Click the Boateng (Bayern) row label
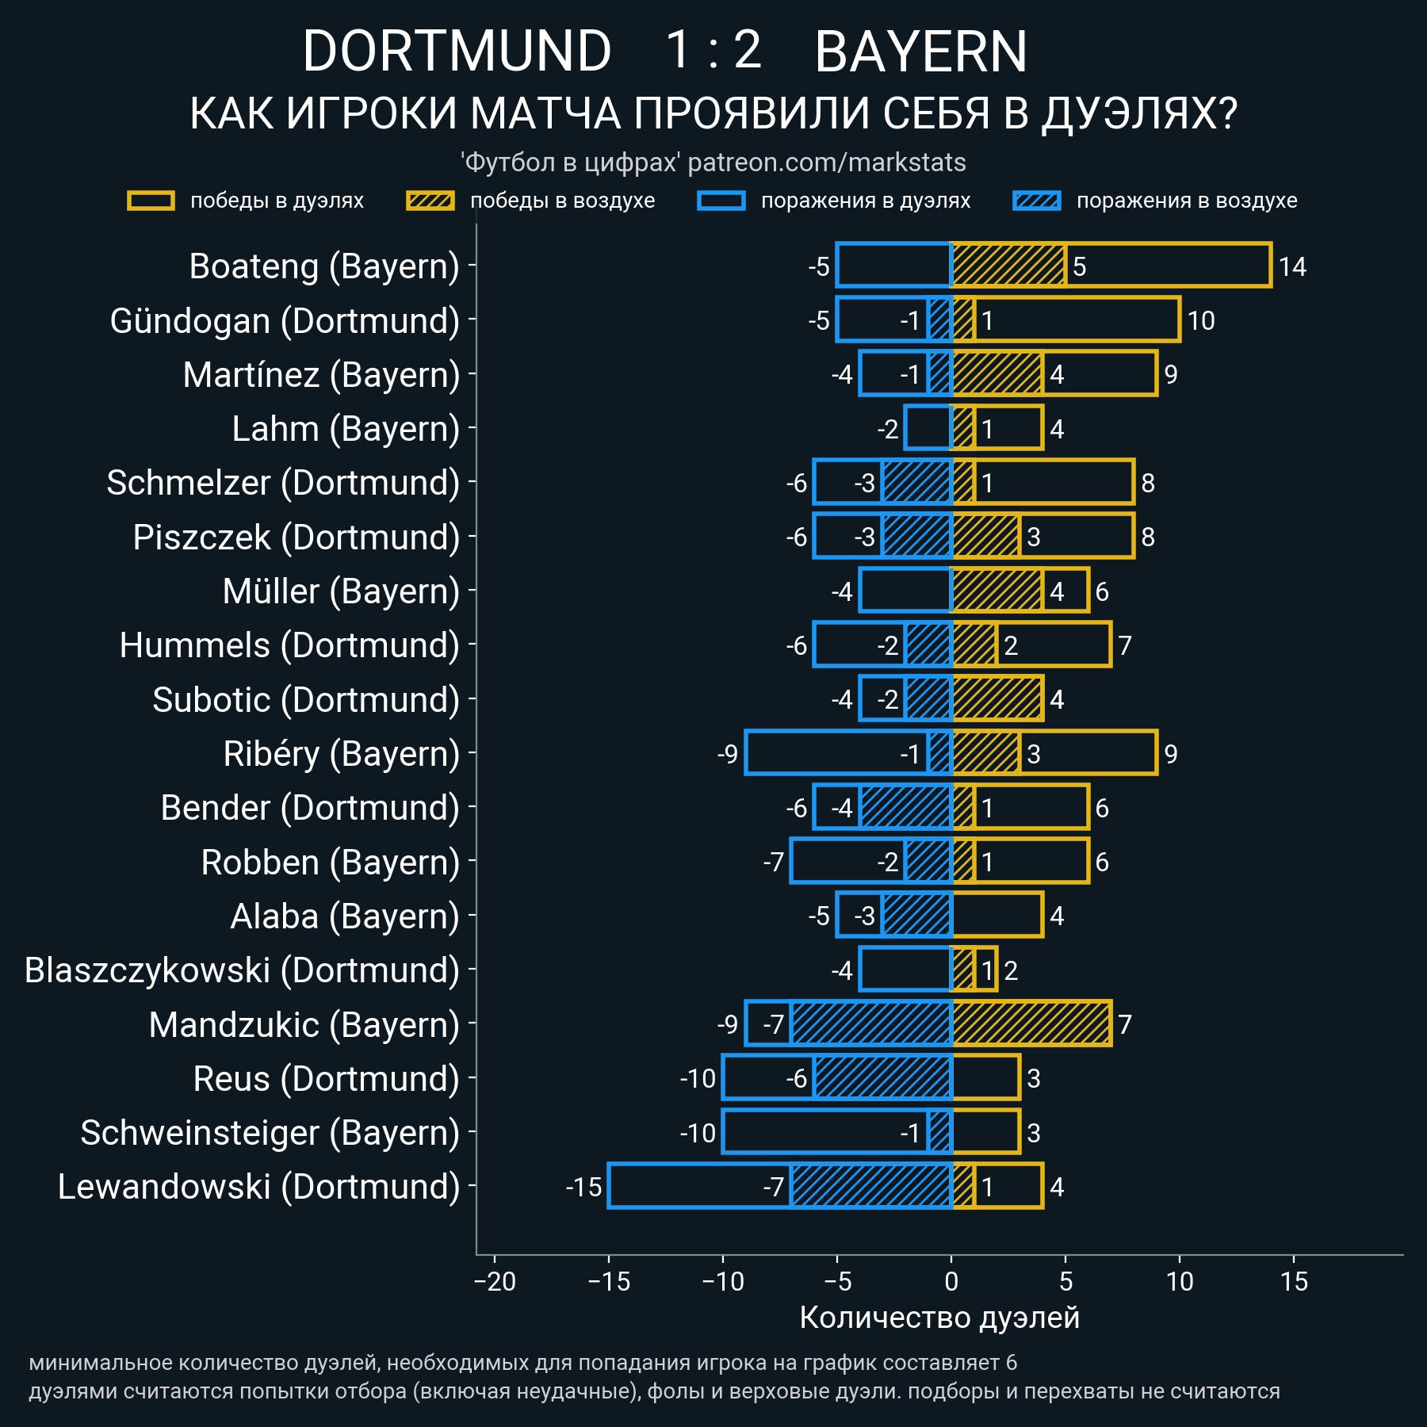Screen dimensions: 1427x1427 click(x=324, y=266)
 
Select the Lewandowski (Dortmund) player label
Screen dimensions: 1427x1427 click(x=258, y=1187)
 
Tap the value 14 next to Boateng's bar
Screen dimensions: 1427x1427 click(x=1292, y=266)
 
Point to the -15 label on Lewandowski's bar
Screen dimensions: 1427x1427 click(x=583, y=1187)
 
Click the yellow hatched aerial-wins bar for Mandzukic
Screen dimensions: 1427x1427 click(x=1031, y=1024)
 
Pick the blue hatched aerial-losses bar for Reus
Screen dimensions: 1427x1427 click(x=882, y=1078)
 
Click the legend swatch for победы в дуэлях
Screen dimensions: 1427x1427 click(x=151, y=201)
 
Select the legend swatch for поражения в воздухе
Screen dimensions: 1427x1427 click(x=1036, y=201)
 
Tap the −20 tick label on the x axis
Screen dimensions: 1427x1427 click(x=495, y=1282)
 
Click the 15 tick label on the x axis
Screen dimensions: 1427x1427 click(x=1294, y=1282)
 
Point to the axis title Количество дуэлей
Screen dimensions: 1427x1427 click(x=939, y=1318)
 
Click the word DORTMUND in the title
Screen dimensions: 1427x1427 click(x=457, y=52)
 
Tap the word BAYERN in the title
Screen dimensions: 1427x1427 click(x=920, y=52)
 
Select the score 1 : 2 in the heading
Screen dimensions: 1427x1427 click(x=713, y=50)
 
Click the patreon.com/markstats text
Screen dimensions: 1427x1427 click(x=827, y=163)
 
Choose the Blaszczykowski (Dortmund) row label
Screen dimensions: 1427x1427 click(x=242, y=970)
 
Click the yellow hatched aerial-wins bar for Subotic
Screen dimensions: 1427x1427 click(x=997, y=699)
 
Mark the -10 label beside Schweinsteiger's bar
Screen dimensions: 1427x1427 click(x=698, y=1133)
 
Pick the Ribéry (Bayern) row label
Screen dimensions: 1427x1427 click(x=341, y=754)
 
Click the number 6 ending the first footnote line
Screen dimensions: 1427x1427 click(x=1011, y=1363)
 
